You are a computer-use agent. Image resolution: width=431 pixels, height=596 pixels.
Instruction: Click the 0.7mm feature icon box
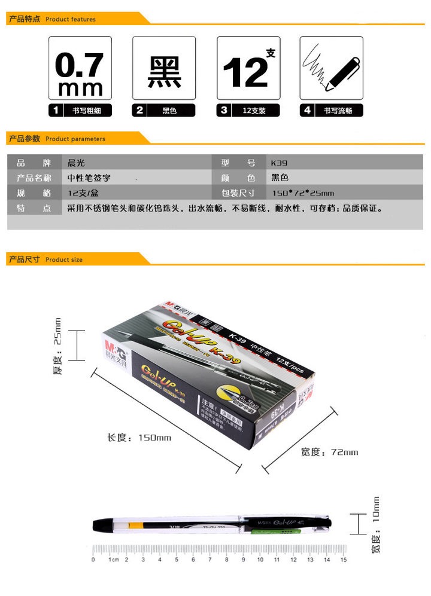tap(80, 68)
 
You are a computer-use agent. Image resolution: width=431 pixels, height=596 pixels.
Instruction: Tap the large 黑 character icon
tap(164, 68)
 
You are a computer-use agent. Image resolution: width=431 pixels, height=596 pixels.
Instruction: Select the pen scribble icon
tap(331, 68)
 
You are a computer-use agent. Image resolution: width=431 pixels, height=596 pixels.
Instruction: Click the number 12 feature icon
tap(248, 68)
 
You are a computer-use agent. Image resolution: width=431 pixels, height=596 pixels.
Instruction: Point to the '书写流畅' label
tap(338, 111)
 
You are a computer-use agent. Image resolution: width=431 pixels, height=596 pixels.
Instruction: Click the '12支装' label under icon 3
tap(254, 111)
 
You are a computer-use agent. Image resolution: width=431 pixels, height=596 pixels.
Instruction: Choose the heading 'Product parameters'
tap(75, 139)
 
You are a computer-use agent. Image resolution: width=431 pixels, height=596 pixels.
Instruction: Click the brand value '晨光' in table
tap(77, 163)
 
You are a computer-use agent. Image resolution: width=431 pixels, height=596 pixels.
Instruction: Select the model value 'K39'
tap(280, 163)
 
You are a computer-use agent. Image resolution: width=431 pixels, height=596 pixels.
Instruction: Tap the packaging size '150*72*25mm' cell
tap(303, 193)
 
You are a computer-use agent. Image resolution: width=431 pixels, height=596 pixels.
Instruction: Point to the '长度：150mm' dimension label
tap(139, 438)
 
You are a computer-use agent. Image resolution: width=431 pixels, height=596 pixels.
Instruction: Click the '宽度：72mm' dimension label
tap(329, 452)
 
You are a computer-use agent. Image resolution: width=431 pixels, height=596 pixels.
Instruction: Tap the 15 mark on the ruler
tap(343, 560)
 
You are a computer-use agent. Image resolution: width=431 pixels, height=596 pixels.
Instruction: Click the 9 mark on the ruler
tap(243, 560)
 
